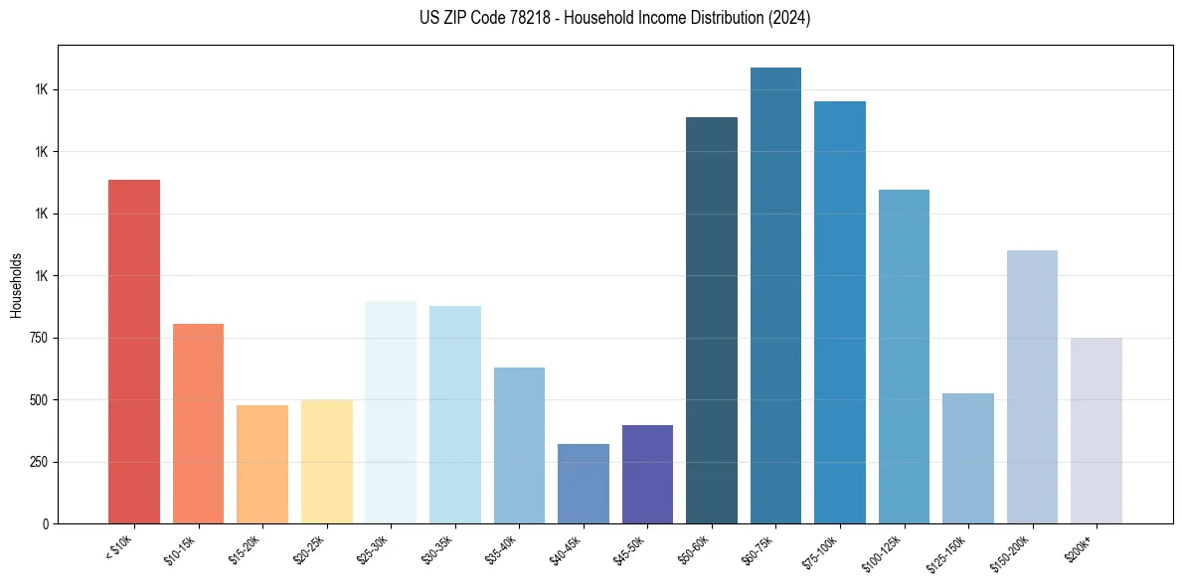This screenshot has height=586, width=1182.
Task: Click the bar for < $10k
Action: pyautogui.click(x=134, y=352)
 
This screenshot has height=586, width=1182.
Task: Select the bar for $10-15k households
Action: pyautogui.click(x=198, y=424)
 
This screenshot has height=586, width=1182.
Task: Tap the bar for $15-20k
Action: pyautogui.click(x=262, y=465)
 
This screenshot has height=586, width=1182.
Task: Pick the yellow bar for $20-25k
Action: pyautogui.click(x=326, y=462)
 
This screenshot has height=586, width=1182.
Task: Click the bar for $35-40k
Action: pyautogui.click(x=519, y=446)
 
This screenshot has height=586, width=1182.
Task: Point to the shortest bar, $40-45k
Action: pyautogui.click(x=583, y=484)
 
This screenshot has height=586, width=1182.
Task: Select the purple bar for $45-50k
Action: pyautogui.click(x=647, y=475)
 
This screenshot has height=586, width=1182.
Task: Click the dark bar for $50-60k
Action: pyautogui.click(x=712, y=321)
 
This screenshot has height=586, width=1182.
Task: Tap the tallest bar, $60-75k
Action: pyautogui.click(x=775, y=296)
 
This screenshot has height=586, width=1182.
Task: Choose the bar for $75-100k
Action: pyautogui.click(x=840, y=313)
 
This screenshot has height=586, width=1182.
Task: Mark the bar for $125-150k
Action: pyautogui.click(x=968, y=459)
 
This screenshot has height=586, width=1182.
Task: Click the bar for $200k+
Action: pyautogui.click(x=1097, y=431)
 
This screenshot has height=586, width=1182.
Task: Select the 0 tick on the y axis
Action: pyautogui.click(x=46, y=523)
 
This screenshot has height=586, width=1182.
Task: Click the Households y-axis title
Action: pyautogui.click(x=16, y=285)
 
